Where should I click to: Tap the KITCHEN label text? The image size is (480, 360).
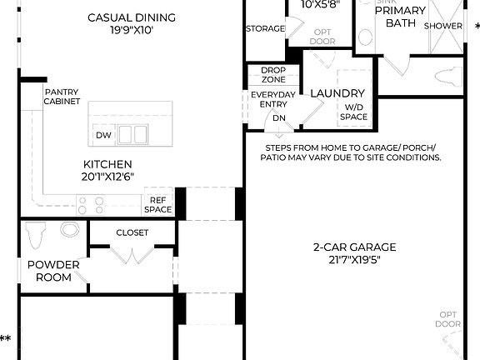[107, 164]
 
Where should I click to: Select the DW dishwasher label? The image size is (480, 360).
[103, 135]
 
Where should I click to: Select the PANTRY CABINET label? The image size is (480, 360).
[62, 97]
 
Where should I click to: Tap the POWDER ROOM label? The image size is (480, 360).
[53, 271]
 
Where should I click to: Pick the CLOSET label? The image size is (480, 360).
[132, 232]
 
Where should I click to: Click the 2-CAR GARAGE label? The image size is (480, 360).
[354, 247]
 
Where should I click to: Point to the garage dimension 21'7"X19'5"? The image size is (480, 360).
[354, 259]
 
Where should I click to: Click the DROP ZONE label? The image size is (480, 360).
[273, 75]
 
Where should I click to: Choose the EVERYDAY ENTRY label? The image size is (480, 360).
[273, 100]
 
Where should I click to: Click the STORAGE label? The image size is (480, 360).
[266, 29]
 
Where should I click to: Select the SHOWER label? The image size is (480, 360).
[443, 26]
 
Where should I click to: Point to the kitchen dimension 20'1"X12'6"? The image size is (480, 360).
[107, 177]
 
